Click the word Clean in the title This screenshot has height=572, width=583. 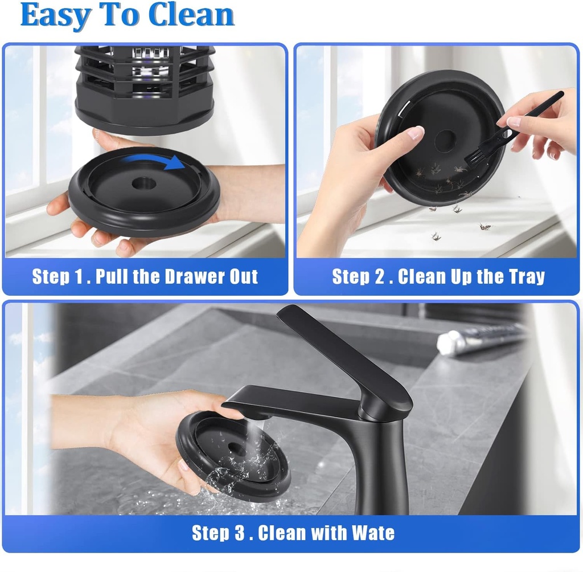click(191, 15)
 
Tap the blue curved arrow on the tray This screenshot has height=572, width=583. click(154, 162)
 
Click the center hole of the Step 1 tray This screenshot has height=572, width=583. click(143, 183)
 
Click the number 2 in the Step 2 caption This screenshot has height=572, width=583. click(380, 276)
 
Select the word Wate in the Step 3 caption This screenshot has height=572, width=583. click(373, 533)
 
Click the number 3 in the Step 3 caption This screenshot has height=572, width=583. click(240, 533)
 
